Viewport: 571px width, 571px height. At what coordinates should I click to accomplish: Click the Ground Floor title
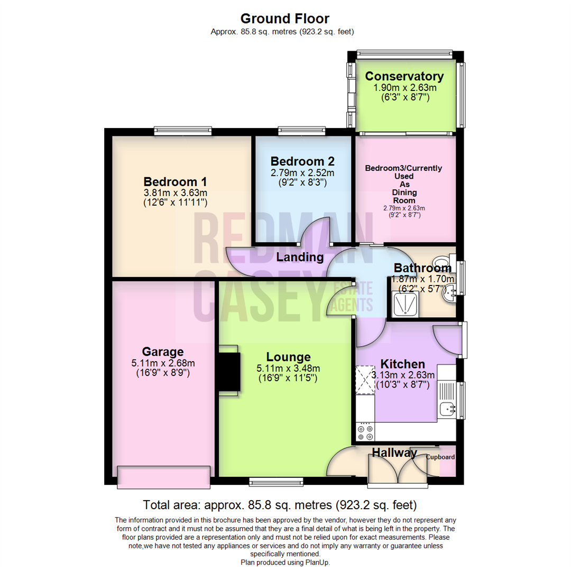[x=285, y=19]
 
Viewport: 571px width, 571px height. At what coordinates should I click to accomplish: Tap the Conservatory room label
[x=404, y=76]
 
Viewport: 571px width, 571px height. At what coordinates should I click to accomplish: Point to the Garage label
[x=163, y=352]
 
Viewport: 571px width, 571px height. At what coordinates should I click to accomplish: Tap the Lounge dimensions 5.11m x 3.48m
[x=288, y=369]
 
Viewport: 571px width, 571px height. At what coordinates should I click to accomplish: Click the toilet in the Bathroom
[x=439, y=263]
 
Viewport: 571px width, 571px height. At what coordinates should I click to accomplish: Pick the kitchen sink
[x=448, y=408]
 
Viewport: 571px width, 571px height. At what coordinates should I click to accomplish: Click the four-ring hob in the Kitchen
[x=365, y=432]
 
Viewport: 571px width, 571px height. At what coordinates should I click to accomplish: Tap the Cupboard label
[x=440, y=457]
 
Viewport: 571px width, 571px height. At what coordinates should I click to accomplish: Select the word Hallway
[x=394, y=453]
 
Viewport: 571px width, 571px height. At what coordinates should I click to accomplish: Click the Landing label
[x=300, y=257]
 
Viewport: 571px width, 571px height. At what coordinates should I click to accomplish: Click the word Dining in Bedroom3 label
[x=404, y=192]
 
